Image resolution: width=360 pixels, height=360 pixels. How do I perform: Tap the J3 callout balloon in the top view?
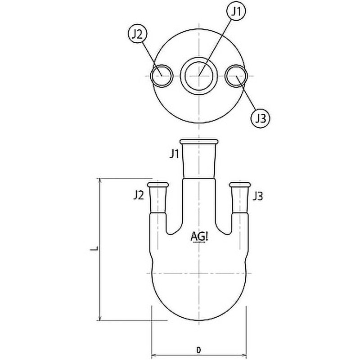coord(260,119)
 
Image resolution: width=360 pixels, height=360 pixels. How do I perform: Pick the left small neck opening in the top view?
coord(162,76)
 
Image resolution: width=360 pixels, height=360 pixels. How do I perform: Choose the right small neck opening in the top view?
coord(236,76)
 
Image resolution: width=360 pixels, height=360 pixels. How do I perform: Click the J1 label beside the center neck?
coord(174,154)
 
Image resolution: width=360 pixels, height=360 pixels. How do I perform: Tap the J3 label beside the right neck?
coord(258,196)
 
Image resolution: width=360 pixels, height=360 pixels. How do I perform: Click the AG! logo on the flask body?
coord(199,236)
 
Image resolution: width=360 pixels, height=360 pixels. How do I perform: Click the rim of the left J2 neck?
coord(157,184)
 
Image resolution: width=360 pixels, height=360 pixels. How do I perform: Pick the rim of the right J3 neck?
coord(240,184)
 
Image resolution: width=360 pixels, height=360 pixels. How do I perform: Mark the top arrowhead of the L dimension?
coord(100,180)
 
